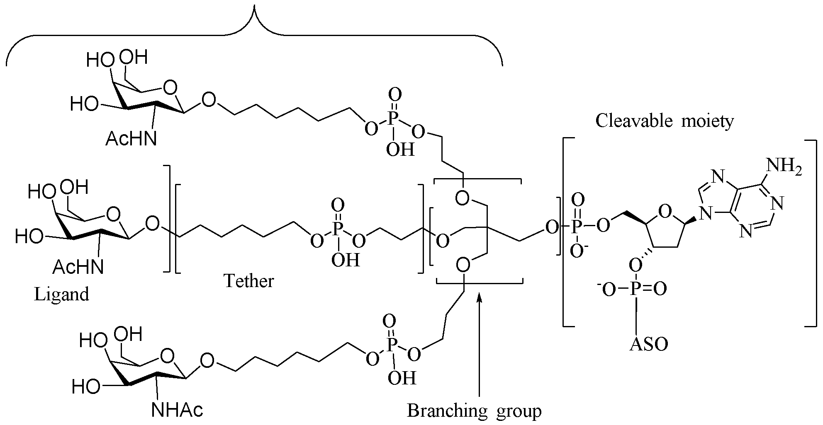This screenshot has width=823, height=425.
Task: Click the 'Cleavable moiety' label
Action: [x=665, y=121]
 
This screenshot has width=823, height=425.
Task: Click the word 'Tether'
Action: [x=249, y=281]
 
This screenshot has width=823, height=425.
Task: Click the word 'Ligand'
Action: [x=61, y=294]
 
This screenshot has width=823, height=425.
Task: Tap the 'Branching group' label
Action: [x=474, y=411]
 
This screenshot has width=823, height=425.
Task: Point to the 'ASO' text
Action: [x=649, y=344]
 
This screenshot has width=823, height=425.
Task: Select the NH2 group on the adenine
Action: [x=784, y=167]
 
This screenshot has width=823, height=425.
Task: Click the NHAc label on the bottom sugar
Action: [x=177, y=410]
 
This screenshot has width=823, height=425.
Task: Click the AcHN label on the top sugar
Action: [x=131, y=139]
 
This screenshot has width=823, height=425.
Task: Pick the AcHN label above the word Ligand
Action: [x=78, y=268]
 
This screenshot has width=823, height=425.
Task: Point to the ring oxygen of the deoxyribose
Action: [x=665, y=212]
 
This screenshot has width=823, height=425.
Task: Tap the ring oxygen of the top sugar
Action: [x=169, y=88]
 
